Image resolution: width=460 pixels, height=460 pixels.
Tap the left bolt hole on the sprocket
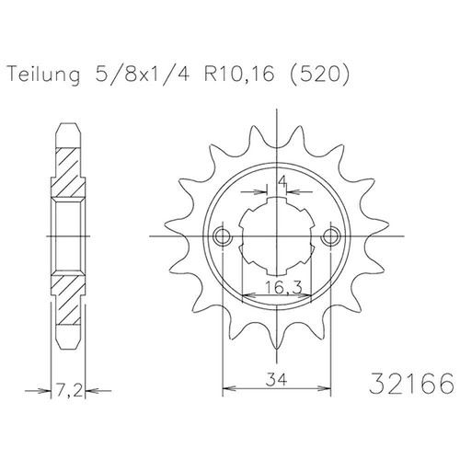point(221,238)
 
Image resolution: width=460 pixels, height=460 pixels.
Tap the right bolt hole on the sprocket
point(330,238)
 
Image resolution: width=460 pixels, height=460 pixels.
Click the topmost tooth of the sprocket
point(275,127)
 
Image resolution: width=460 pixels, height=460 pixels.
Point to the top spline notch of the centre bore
point(275,199)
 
